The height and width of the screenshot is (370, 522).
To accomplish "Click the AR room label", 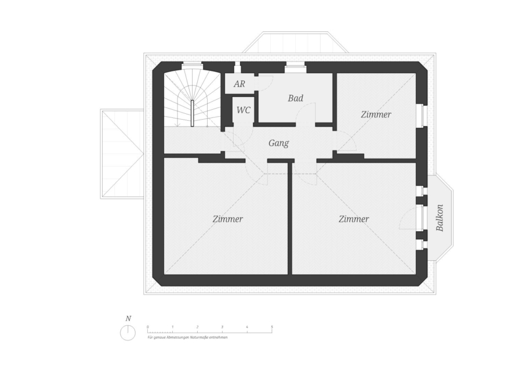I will coord(239,84).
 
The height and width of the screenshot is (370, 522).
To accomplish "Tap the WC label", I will coord(244,110).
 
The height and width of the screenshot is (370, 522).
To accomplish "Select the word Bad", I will coord(295,98).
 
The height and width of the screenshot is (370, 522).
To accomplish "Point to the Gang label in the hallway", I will coord(278,143).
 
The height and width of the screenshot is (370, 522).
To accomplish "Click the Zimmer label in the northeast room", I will coord(376,114).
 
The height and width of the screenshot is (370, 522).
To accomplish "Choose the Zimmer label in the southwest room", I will coord(227,219).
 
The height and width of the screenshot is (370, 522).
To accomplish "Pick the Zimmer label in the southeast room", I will coord(354,219).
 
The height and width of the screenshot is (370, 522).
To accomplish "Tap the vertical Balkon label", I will coord(440,218).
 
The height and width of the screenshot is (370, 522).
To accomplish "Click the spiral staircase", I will coord(191,102).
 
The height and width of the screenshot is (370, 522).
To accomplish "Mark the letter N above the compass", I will coord(128,318).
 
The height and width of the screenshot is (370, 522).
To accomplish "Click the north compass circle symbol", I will coord(128,333).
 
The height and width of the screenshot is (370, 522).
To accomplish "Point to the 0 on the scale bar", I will coord(148,328).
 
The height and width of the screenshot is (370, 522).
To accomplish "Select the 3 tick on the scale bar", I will coord(222,328).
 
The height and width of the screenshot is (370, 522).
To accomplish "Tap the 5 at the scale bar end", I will coord(272,328).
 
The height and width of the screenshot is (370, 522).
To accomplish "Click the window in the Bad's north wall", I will coord(295,67).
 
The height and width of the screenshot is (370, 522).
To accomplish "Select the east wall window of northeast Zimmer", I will coord(423,115).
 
